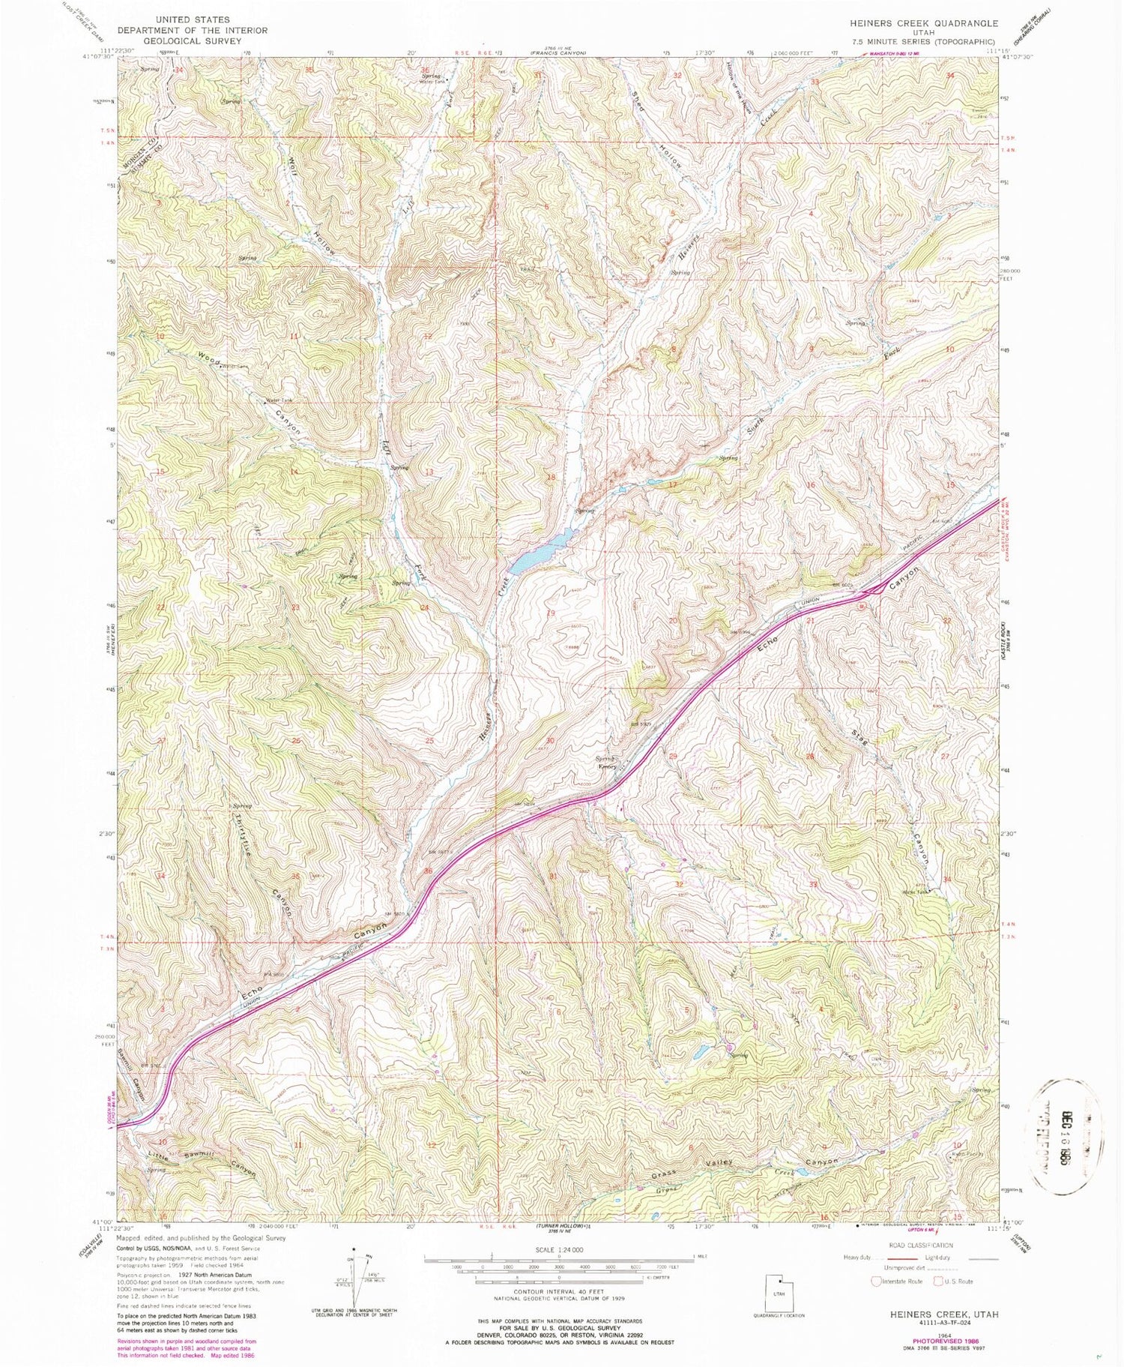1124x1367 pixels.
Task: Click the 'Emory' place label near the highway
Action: (x=606, y=766)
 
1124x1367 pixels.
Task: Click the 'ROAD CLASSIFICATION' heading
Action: (x=918, y=1245)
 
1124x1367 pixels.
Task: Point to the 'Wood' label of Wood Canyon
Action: (x=209, y=358)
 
